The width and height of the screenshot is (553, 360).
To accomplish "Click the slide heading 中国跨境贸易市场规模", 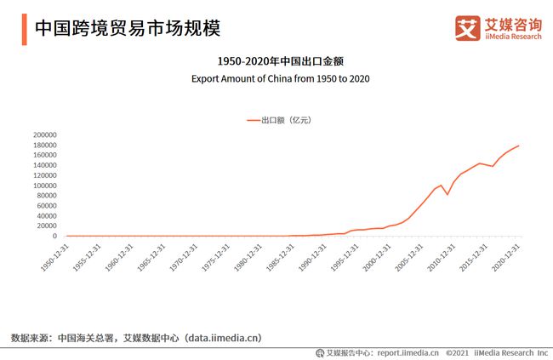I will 127,28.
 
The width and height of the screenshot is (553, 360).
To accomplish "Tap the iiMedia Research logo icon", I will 468,27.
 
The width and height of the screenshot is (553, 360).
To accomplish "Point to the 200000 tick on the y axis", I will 43,134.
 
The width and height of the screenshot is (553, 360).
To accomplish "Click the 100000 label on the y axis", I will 43,186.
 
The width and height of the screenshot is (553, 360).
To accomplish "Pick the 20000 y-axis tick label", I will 46,226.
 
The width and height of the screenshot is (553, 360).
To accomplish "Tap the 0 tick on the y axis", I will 54,236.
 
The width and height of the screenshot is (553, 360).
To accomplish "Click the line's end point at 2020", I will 518,146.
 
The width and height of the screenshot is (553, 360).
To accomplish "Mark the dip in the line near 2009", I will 448,194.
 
